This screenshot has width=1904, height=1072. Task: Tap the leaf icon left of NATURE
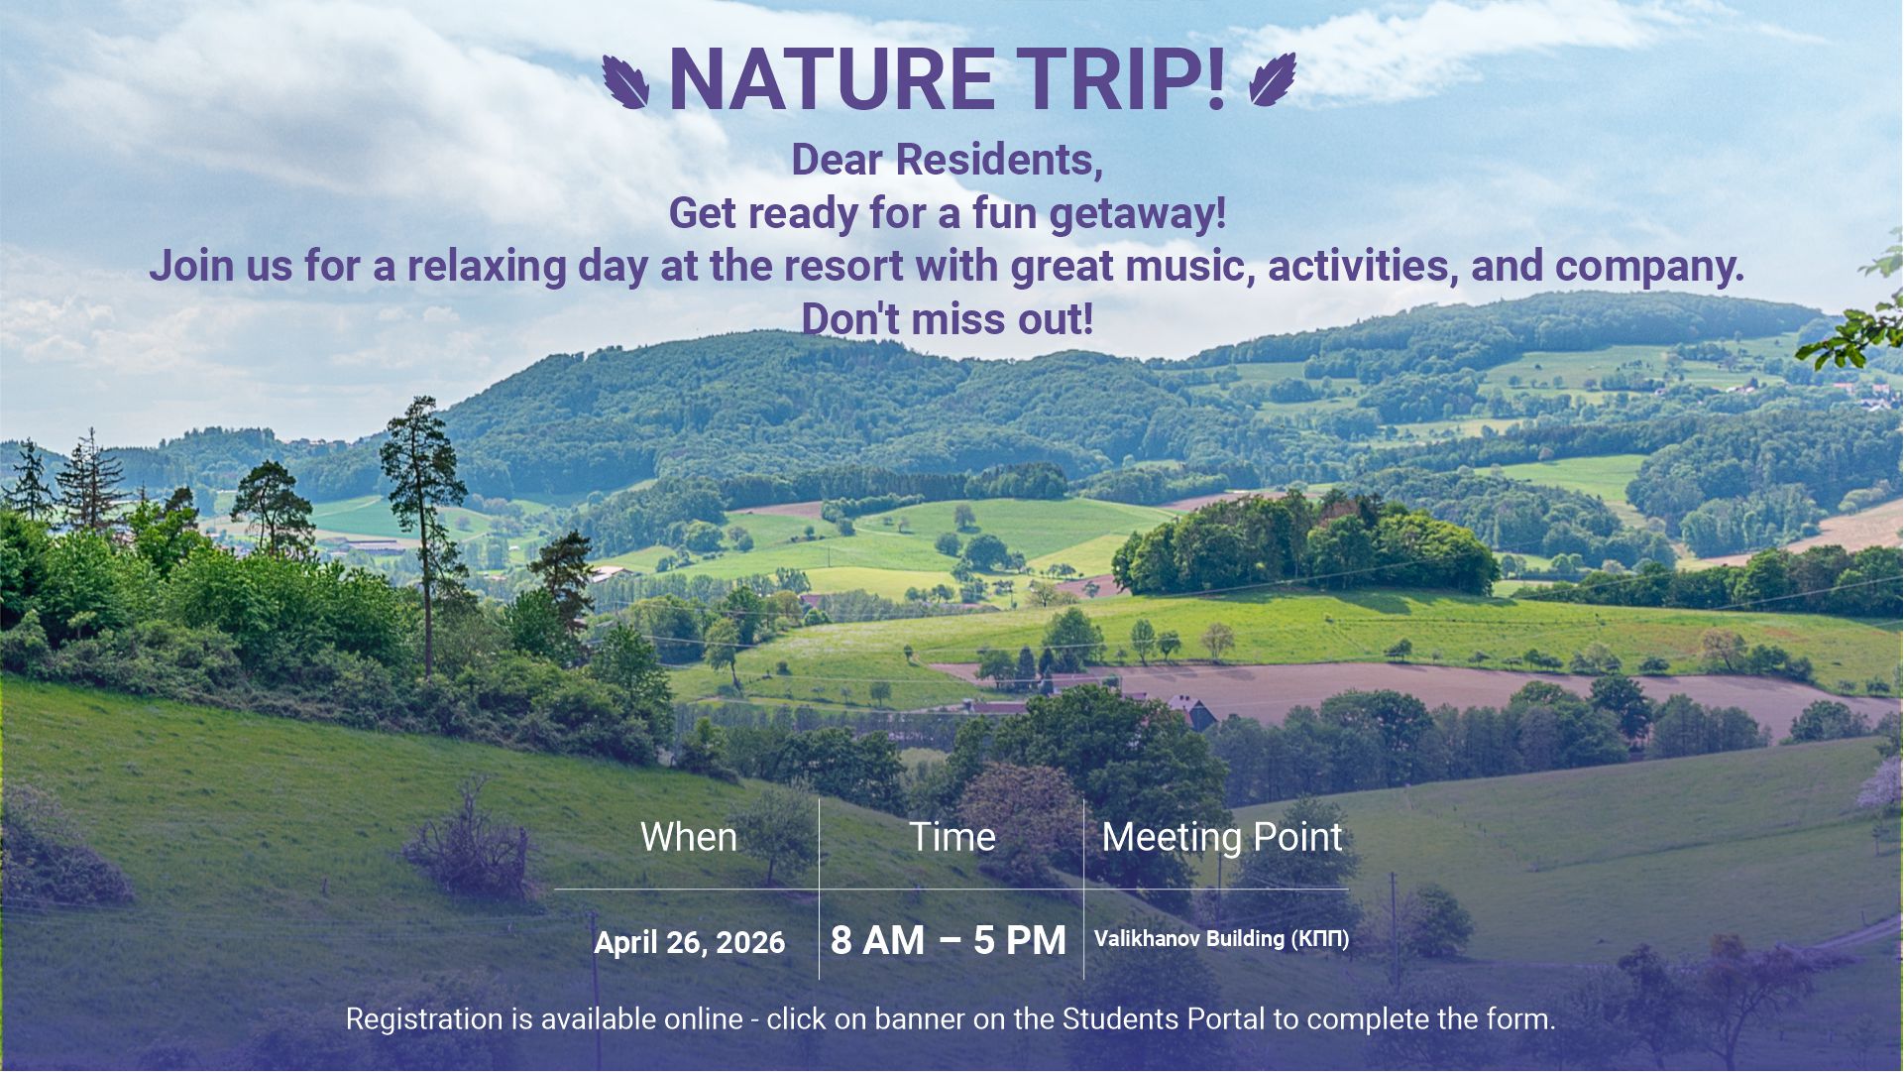coord(625,81)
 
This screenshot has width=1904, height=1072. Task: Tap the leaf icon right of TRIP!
coord(1273,79)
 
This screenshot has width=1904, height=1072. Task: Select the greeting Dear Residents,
coord(948,161)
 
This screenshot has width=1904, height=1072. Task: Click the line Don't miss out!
coord(948,319)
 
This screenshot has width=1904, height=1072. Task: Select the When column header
coord(689,838)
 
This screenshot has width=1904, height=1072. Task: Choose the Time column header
coord(952,838)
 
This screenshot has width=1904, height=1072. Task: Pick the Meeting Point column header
coord(1222,838)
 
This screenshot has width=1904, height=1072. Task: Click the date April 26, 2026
coord(690,942)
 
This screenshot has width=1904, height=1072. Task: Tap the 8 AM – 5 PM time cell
coord(949,940)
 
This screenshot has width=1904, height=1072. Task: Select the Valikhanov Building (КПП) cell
coord(1222,939)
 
